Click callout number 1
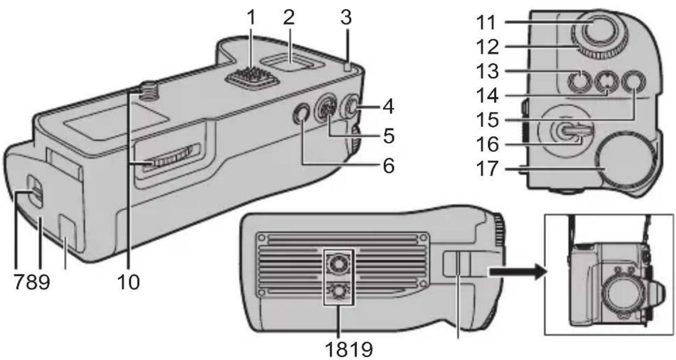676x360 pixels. tap(251, 20)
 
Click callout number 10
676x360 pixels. tap(127, 283)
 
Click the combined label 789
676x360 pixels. tap(31, 283)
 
